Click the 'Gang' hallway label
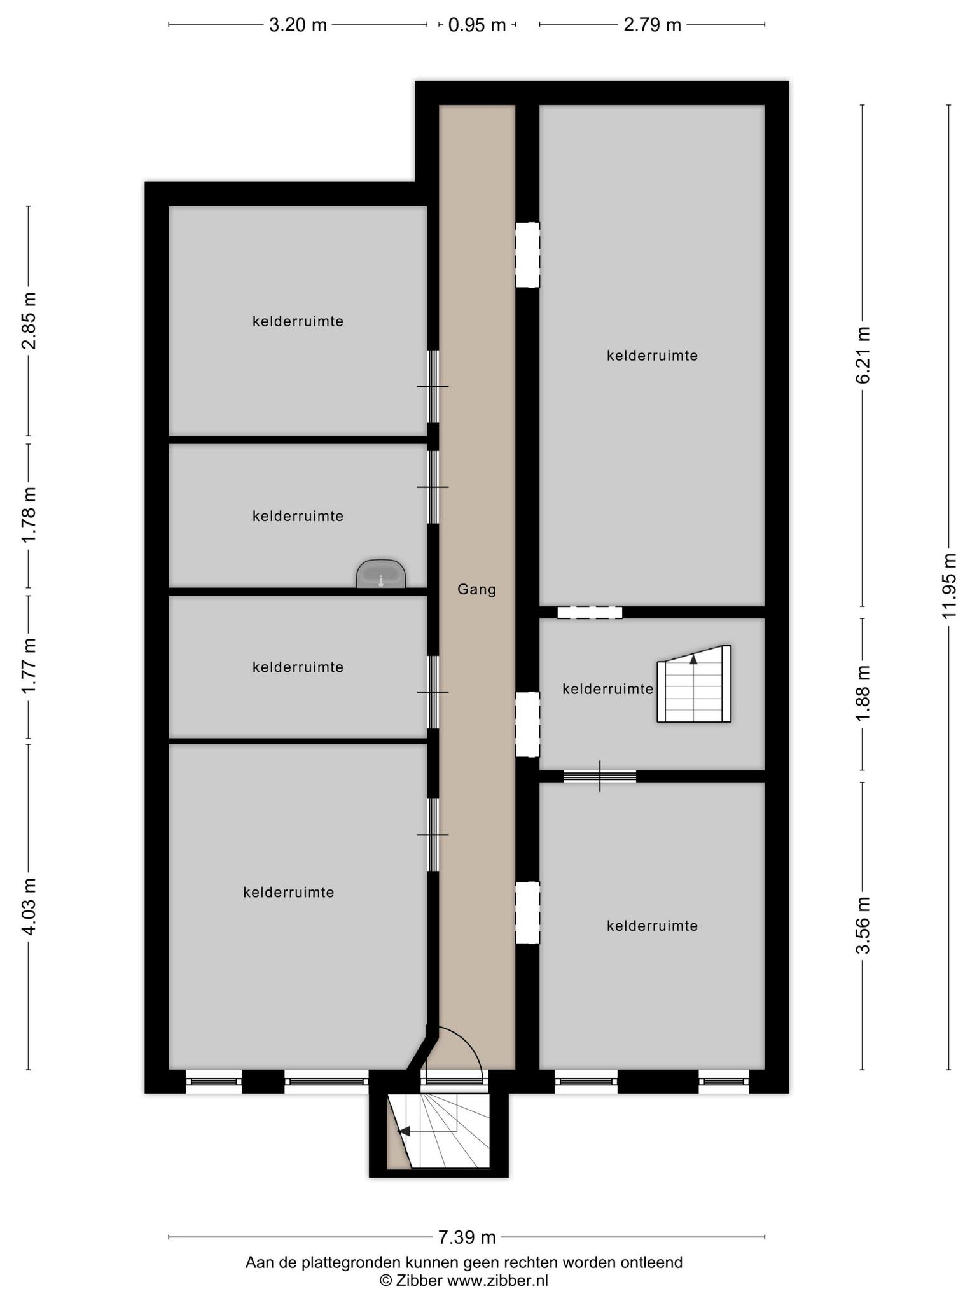[x=476, y=590]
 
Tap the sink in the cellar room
[x=380, y=574]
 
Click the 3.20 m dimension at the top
[x=298, y=25]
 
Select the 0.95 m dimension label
[x=477, y=25]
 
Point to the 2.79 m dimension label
[x=652, y=25]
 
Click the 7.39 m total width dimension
[x=467, y=1237]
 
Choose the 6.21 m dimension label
[x=863, y=355]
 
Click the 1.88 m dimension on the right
[x=863, y=693]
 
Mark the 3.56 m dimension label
[x=863, y=926]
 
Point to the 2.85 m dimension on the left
[x=29, y=321]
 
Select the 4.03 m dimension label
[x=29, y=906]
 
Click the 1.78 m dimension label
[x=29, y=515]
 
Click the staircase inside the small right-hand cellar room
[x=694, y=684]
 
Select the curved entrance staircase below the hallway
[x=439, y=1131]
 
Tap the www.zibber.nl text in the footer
[x=497, y=1281]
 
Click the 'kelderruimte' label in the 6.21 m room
[x=652, y=356]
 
